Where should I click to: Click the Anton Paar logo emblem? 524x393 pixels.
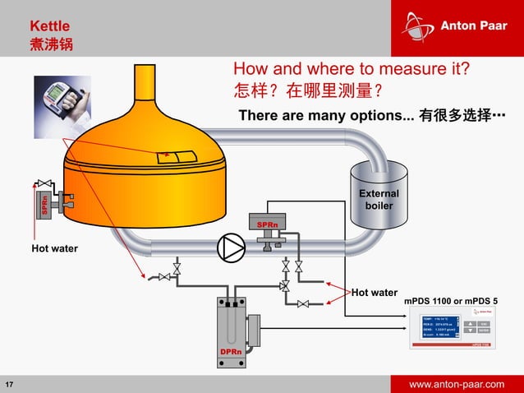click(418, 25)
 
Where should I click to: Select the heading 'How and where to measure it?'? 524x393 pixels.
click(357, 68)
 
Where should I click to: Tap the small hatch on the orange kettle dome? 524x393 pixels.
click(177, 155)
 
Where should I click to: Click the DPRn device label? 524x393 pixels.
click(231, 351)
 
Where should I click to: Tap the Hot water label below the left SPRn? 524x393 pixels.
click(54, 248)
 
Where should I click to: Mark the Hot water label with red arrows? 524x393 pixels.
click(374, 292)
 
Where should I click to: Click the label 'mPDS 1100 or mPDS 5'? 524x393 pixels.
click(462, 302)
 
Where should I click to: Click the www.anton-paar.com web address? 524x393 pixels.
click(457, 384)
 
